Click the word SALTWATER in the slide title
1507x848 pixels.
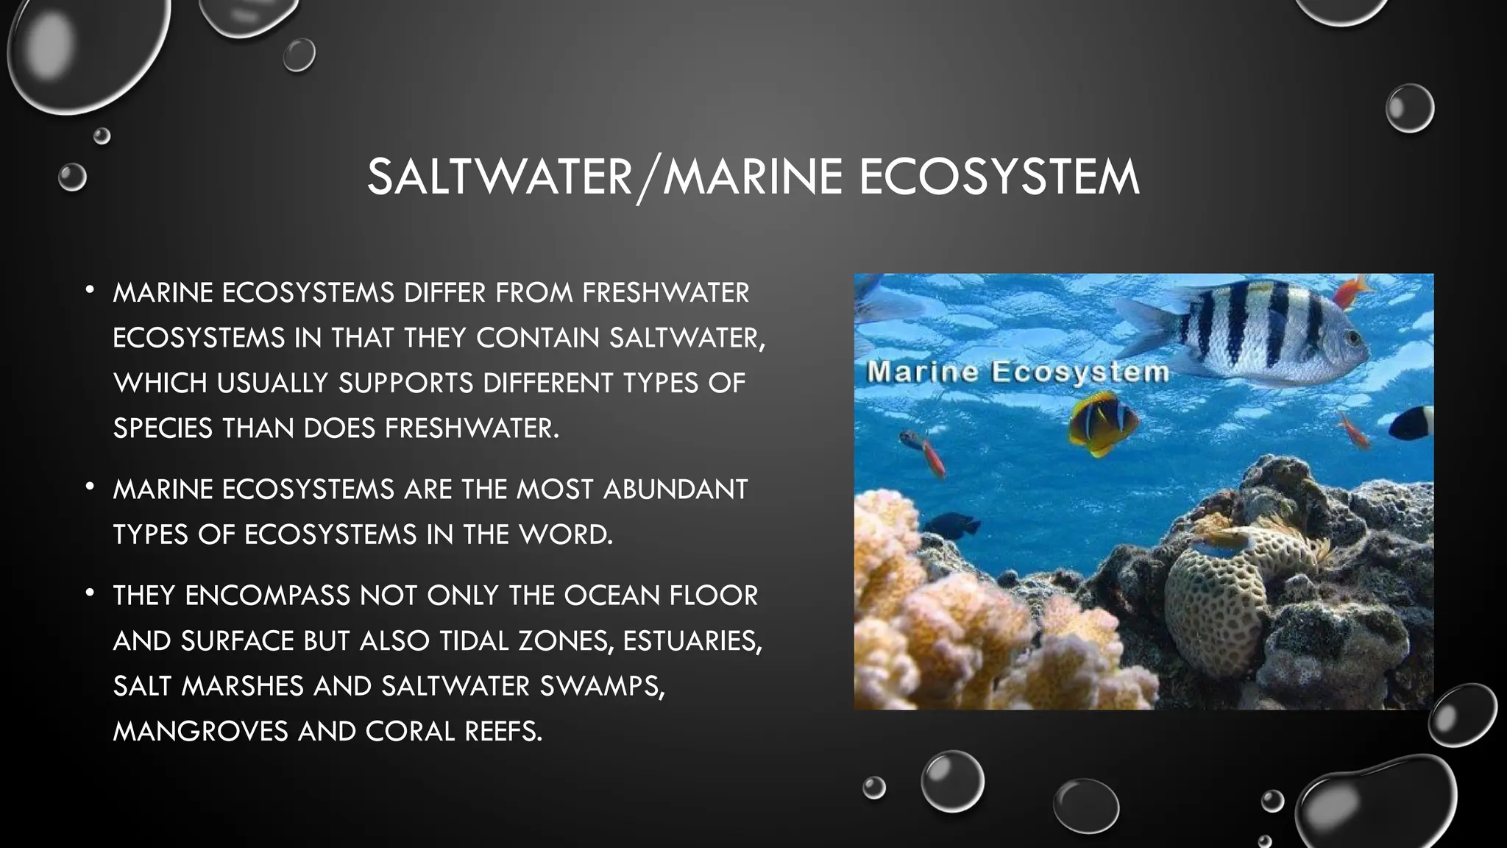[500, 177]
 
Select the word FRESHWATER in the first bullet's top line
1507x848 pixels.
[665, 293]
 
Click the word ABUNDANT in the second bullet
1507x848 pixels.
[675, 490]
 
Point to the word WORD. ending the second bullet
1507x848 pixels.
[566, 535]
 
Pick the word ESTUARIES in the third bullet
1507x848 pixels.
[692, 641]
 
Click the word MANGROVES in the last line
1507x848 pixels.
[200, 732]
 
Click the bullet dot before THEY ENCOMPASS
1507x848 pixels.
[90, 593]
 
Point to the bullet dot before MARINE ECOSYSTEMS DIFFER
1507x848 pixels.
[90, 290]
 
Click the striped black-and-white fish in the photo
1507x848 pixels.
[1251, 331]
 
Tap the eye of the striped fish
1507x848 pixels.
[1352, 338]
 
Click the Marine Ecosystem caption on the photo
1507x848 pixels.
[1018, 371]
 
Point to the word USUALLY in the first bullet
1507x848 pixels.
[273, 384]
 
